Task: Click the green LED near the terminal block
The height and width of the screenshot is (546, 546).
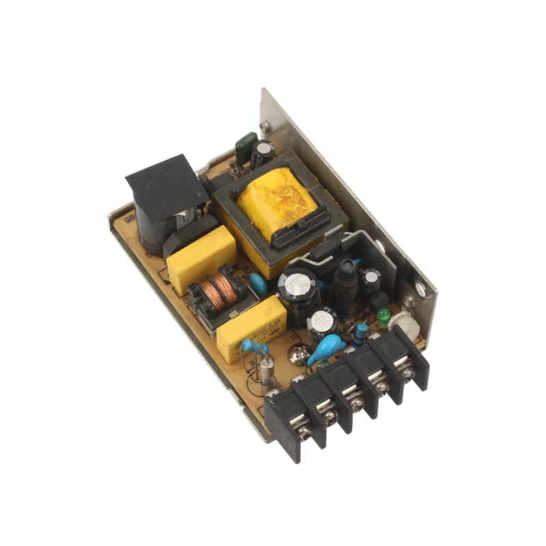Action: [385, 315]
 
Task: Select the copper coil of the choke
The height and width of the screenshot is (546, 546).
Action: [220, 290]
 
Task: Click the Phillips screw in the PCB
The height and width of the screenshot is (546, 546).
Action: [298, 354]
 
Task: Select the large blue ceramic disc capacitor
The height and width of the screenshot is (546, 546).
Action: [326, 349]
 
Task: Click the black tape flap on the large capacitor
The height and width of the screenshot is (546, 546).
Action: [165, 185]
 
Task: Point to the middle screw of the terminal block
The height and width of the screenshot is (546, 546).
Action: [354, 397]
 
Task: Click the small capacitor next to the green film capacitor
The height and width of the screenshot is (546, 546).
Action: [263, 152]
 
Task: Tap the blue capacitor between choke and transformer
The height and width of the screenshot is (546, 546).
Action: [258, 281]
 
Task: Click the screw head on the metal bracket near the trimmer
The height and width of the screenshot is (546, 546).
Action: [421, 289]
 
